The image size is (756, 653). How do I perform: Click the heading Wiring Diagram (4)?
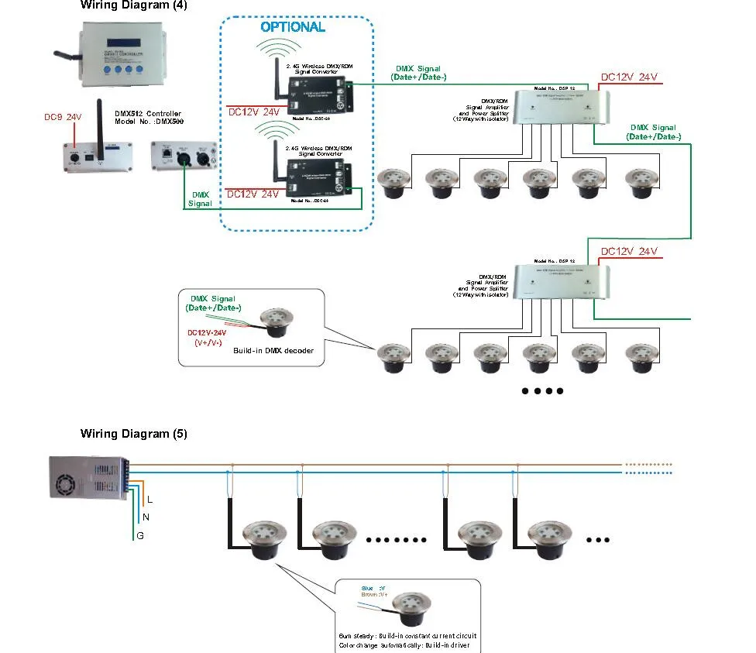point(133,5)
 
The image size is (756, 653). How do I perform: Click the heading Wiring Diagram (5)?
point(133,434)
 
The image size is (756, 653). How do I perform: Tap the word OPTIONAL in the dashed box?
point(292,27)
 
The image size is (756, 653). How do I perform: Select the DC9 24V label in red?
point(63,118)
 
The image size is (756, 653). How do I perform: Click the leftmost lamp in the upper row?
point(392,182)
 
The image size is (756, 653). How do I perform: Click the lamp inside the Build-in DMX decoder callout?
point(276,321)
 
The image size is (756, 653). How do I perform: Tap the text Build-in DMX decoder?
point(273,351)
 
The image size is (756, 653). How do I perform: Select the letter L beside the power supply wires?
point(149,500)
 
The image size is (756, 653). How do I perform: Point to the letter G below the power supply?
point(140,536)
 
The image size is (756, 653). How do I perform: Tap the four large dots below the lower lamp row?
point(542,391)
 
